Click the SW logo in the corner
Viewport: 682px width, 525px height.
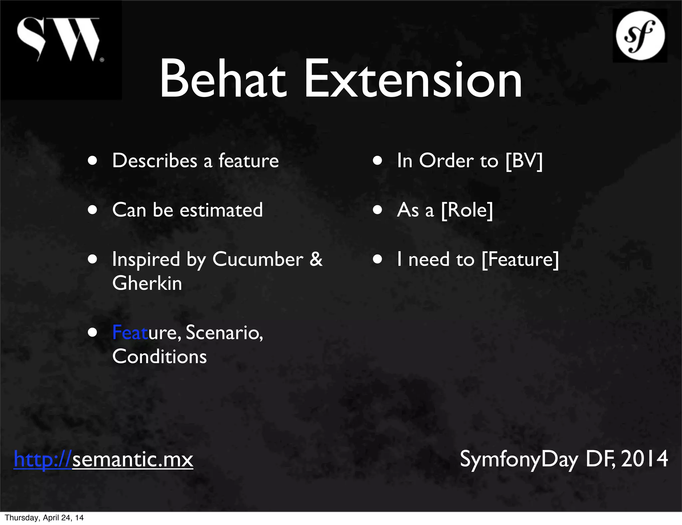pos(59,40)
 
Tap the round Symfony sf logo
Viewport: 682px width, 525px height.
pos(640,36)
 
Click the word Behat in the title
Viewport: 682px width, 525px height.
pos(223,80)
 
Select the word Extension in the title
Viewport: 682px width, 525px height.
pos(413,80)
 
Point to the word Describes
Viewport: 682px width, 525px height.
pos(155,161)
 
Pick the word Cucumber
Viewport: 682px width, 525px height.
pos(258,260)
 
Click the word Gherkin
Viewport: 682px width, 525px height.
pos(147,283)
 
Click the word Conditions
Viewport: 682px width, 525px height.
pos(160,357)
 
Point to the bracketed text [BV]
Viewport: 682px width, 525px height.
pos(524,161)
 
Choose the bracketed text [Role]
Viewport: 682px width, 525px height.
pos(467,210)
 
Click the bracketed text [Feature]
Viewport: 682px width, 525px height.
pos(520,260)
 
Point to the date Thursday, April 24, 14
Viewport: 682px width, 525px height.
pos(44,518)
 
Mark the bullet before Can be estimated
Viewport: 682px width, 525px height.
pos(93,211)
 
